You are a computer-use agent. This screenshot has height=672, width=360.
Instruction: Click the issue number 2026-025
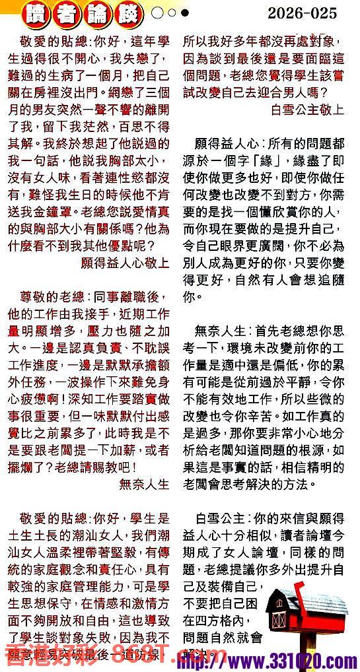[x=303, y=13]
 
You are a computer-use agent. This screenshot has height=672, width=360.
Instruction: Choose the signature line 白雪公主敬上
[x=308, y=110]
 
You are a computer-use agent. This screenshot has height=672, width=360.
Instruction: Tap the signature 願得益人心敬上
[x=125, y=261]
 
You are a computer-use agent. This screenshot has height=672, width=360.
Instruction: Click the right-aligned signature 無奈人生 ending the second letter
[x=145, y=483]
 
